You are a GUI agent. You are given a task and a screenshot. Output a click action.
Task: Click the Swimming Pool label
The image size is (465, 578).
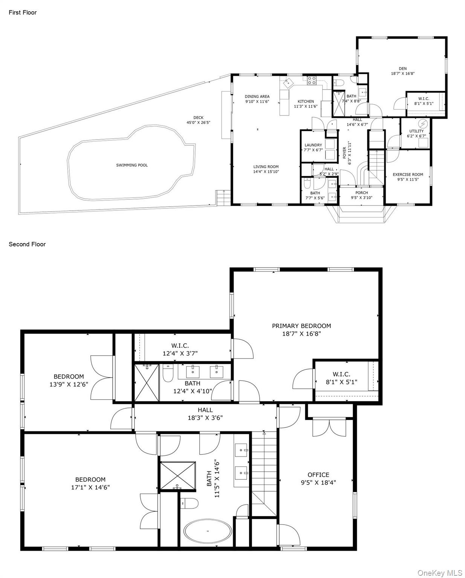(132, 165)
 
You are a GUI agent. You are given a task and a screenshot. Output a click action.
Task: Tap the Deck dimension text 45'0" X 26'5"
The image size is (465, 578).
(198, 122)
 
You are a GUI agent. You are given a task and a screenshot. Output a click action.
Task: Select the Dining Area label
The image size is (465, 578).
(257, 96)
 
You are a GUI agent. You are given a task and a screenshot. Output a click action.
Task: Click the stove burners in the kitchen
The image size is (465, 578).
(312, 80)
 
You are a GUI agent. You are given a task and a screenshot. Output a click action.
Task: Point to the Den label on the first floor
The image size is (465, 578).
(402, 68)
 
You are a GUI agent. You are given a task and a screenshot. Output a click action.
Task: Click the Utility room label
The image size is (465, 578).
(416, 131)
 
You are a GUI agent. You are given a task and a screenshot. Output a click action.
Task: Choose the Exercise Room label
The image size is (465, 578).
(408, 175)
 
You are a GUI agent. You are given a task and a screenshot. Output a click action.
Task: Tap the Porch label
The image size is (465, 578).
(361, 193)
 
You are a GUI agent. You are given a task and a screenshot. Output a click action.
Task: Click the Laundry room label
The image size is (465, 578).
(313, 145)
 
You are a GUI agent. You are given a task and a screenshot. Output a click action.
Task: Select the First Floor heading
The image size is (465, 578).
(23, 12)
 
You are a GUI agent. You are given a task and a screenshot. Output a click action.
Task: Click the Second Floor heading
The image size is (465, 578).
(27, 244)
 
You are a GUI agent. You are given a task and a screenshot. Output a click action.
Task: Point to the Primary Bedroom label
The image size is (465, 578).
(301, 326)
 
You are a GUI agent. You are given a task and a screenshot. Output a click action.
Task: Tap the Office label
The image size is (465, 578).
(318, 475)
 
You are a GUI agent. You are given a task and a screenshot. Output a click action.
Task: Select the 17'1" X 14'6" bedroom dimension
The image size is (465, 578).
(90, 487)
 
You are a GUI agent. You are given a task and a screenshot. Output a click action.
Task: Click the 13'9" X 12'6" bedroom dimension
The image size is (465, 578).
(69, 384)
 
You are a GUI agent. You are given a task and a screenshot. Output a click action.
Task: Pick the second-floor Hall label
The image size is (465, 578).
(205, 410)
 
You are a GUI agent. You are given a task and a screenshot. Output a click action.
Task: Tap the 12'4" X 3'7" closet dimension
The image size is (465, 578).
(180, 353)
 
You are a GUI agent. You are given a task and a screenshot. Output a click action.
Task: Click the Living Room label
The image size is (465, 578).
(266, 167)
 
